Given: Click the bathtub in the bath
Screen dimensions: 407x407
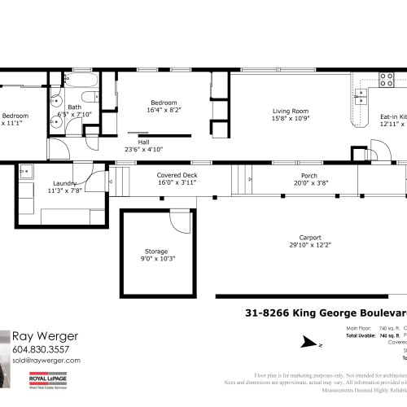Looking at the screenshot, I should click(x=81, y=82).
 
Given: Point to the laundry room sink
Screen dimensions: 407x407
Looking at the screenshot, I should click(x=24, y=172).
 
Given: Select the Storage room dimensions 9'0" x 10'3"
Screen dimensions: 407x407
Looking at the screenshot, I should click(x=156, y=259).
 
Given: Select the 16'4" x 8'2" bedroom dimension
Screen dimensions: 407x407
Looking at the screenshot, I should click(x=163, y=110).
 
